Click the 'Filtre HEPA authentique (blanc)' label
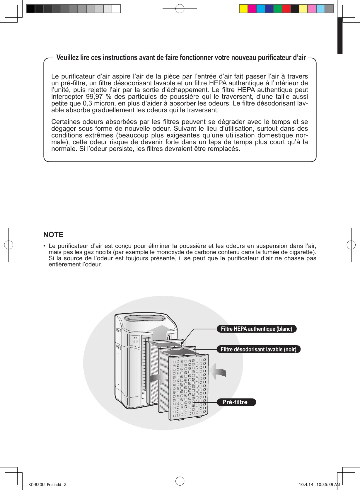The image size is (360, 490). pyautogui.click(x=256, y=329)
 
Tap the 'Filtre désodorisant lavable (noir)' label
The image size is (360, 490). pyautogui.click(x=258, y=349)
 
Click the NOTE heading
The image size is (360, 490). pyautogui.click(x=53, y=235)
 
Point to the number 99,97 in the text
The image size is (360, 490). pyautogui.click(x=94, y=97)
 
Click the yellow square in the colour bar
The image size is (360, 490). pyautogui.click(x=243, y=9)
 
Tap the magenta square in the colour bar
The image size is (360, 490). pyautogui.click(x=252, y=9)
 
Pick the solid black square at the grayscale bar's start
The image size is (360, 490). pyautogui.click(x=30, y=9)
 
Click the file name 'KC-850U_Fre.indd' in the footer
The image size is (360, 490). pyautogui.click(x=45, y=484)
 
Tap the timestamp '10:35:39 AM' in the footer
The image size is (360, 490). pyautogui.click(x=328, y=484)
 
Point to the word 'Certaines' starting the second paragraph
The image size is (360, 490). pyautogui.click(x=66, y=122)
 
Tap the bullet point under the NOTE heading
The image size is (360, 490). pyautogui.click(x=45, y=246)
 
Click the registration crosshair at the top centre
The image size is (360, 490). pyautogui.click(x=180, y=9)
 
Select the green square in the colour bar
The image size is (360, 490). pyautogui.click(x=278, y=9)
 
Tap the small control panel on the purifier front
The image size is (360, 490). pyautogui.click(x=135, y=341)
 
